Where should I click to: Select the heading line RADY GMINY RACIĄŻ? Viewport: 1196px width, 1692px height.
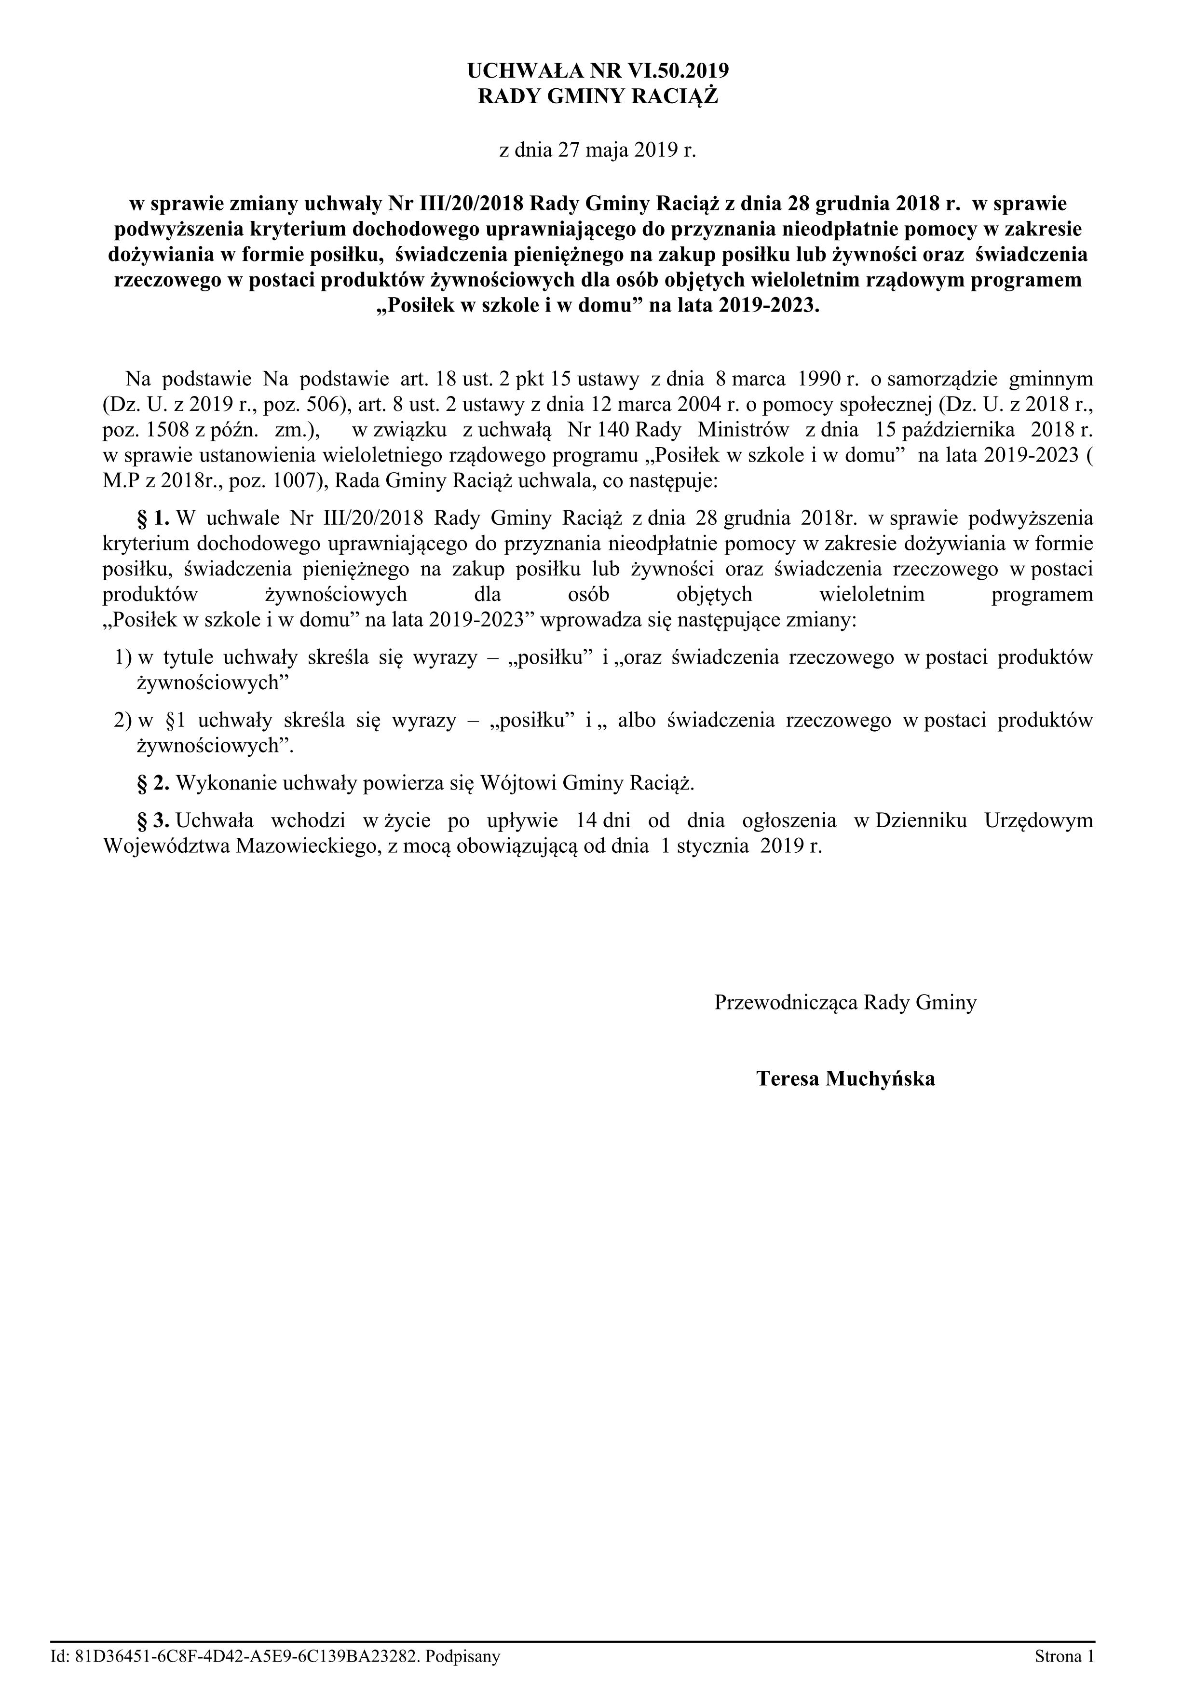coord(598,96)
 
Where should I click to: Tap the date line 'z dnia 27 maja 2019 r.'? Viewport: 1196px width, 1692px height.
coord(598,150)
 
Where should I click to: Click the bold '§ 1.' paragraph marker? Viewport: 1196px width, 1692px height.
coord(154,518)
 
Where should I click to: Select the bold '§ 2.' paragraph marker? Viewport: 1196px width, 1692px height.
coord(154,783)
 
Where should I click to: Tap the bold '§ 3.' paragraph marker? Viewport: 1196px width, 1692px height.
coord(154,820)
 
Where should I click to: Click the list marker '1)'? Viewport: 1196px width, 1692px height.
coord(122,657)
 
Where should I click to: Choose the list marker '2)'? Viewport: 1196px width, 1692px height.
coord(122,721)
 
